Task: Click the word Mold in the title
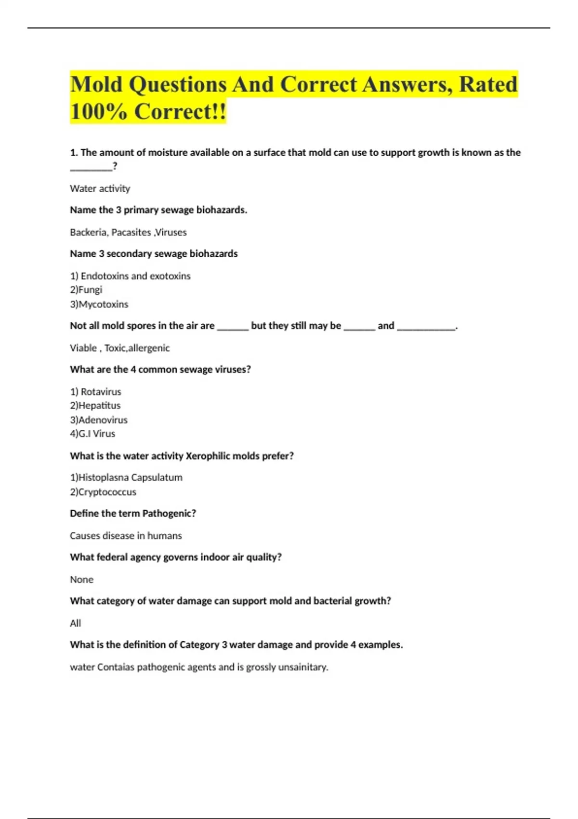pyautogui.click(x=96, y=84)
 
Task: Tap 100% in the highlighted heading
pyautogui.click(x=98, y=112)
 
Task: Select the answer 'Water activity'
pyautogui.click(x=100, y=188)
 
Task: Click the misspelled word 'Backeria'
pyautogui.click(x=88, y=232)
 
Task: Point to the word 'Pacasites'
pyautogui.click(x=131, y=232)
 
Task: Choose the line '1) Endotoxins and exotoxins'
pyautogui.click(x=130, y=276)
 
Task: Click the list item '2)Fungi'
pyautogui.click(x=86, y=290)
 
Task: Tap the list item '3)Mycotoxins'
pyautogui.click(x=99, y=304)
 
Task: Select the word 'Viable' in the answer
pyautogui.click(x=83, y=348)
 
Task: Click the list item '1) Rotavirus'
pyautogui.click(x=95, y=392)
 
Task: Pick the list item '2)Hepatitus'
pyautogui.click(x=95, y=405)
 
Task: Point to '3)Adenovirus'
pyautogui.click(x=98, y=420)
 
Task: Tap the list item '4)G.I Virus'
pyautogui.click(x=92, y=434)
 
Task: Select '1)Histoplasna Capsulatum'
pyautogui.click(x=126, y=477)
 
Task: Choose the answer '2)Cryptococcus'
pyautogui.click(x=103, y=492)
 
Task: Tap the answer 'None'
pyautogui.click(x=81, y=580)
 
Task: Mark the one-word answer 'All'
pyautogui.click(x=75, y=623)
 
